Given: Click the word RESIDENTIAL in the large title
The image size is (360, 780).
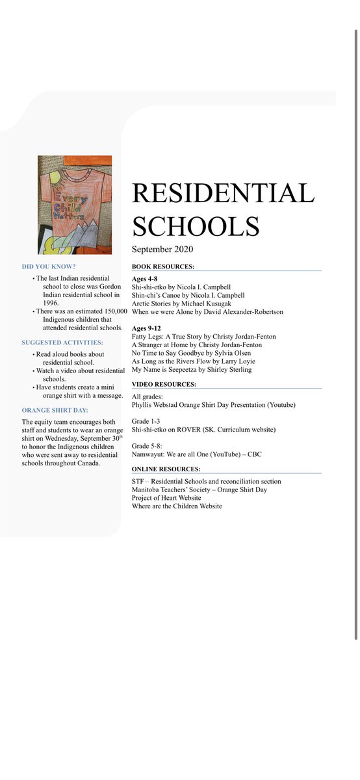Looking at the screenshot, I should point(223,194).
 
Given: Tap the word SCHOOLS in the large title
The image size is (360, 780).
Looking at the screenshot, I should point(196,226).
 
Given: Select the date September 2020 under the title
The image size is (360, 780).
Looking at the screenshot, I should point(162,250).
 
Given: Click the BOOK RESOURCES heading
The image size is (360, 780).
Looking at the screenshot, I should point(162,267).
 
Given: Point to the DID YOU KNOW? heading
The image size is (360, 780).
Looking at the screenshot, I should point(49,267).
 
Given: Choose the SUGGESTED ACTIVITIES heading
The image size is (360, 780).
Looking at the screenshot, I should point(62,343).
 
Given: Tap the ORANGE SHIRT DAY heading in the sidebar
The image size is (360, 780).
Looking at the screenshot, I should point(55,410).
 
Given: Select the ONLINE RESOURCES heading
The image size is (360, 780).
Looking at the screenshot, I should point(166,469).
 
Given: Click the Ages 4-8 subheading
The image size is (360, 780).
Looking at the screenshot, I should point(144,278).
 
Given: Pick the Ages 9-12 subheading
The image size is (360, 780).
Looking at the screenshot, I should point(146,328).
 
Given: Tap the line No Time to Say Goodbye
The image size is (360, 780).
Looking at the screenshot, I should point(191,353).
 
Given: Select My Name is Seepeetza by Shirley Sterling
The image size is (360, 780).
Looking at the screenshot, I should point(191,370).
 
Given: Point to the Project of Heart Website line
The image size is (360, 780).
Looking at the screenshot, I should point(166,498).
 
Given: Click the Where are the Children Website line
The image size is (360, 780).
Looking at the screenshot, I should point(177,506).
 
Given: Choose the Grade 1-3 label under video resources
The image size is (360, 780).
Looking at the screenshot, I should point(146,421).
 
